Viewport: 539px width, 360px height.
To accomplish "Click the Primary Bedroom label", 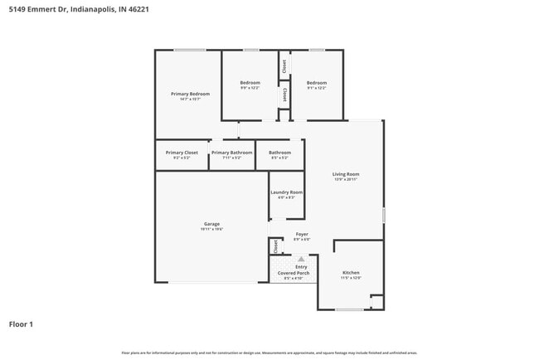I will coord(190,95).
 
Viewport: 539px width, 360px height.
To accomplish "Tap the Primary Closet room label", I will coord(182,153).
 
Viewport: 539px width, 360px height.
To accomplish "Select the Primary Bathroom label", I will coord(231,153).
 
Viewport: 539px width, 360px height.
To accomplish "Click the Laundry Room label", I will coord(286,192).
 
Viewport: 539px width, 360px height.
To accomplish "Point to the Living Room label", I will coord(346,174).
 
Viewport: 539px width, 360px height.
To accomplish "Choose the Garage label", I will coord(211,224).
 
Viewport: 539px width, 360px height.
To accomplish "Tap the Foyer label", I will coord(302,235).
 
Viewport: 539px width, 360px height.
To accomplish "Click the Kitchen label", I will coord(352,273).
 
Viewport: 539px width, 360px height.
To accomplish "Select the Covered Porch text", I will coord(294,273).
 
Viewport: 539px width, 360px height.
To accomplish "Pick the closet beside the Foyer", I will coord(275,246).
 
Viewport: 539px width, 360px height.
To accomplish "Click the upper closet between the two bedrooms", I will coord(284,66).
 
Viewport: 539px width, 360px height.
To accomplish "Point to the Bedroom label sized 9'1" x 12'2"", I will coord(316,83).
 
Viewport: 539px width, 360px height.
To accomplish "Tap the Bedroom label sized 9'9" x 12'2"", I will coord(250,83).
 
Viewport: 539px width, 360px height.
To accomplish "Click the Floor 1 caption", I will coord(22,324).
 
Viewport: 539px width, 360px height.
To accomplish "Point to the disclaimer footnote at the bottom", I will coord(269,353).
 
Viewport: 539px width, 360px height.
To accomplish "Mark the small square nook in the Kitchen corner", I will coord(377,303).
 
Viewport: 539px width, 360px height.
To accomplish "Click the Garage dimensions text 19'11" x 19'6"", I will coord(211,229).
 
